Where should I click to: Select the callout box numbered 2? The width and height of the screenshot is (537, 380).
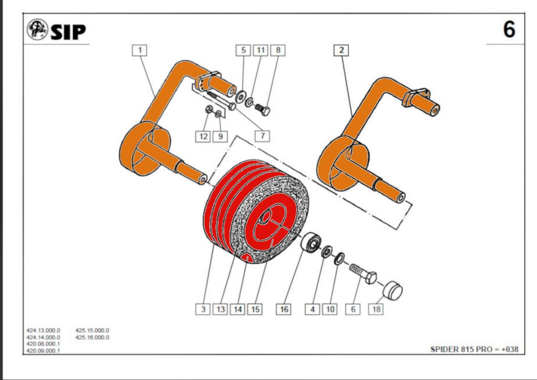pyautogui.click(x=341, y=50)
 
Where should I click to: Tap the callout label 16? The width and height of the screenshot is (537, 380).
pyautogui.click(x=284, y=309)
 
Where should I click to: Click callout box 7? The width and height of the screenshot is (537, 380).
pyautogui.click(x=263, y=136)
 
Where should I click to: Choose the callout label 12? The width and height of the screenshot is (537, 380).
pyautogui.click(x=203, y=136)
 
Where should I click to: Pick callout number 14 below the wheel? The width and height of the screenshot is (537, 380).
pyautogui.click(x=238, y=309)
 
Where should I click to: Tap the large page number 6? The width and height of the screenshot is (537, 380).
pyautogui.click(x=509, y=29)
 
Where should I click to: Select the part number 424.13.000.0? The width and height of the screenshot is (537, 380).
pyautogui.click(x=44, y=331)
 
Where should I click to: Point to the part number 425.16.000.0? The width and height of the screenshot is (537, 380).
pyautogui.click(x=92, y=338)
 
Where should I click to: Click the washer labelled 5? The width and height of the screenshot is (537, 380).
pyautogui.click(x=242, y=96)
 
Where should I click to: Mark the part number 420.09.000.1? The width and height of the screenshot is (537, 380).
pyautogui.click(x=44, y=351)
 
